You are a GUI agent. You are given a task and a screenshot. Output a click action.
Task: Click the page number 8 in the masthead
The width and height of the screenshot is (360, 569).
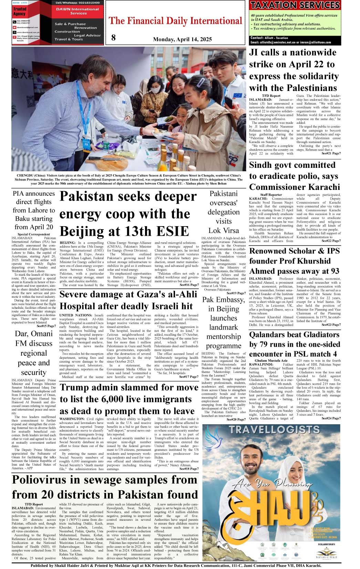pos(113,38)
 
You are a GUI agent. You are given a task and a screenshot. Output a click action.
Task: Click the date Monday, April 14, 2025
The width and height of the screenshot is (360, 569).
pos(182,39)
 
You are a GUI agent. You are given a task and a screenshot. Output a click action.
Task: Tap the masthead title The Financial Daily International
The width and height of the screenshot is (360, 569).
pos(176,21)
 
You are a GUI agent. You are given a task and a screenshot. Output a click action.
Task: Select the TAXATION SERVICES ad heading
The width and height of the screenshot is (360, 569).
pos(295,5)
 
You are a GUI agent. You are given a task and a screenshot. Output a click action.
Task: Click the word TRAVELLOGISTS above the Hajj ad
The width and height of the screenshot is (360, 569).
pos(274,429)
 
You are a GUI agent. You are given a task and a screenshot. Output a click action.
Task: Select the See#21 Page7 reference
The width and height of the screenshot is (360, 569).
pos(331,153)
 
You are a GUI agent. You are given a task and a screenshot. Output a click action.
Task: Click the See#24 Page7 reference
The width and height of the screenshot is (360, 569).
pos(331,418)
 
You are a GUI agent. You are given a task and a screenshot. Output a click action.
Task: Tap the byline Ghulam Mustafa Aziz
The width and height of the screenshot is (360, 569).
pos(271,360)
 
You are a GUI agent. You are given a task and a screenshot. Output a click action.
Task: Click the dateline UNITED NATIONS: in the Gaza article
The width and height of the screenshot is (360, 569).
pos(75,315)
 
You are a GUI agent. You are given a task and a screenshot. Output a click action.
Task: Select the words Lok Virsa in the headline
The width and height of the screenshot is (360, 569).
pos(223,231)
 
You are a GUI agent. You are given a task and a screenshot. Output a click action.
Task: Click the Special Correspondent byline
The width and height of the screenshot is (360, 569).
pos(34,234)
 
